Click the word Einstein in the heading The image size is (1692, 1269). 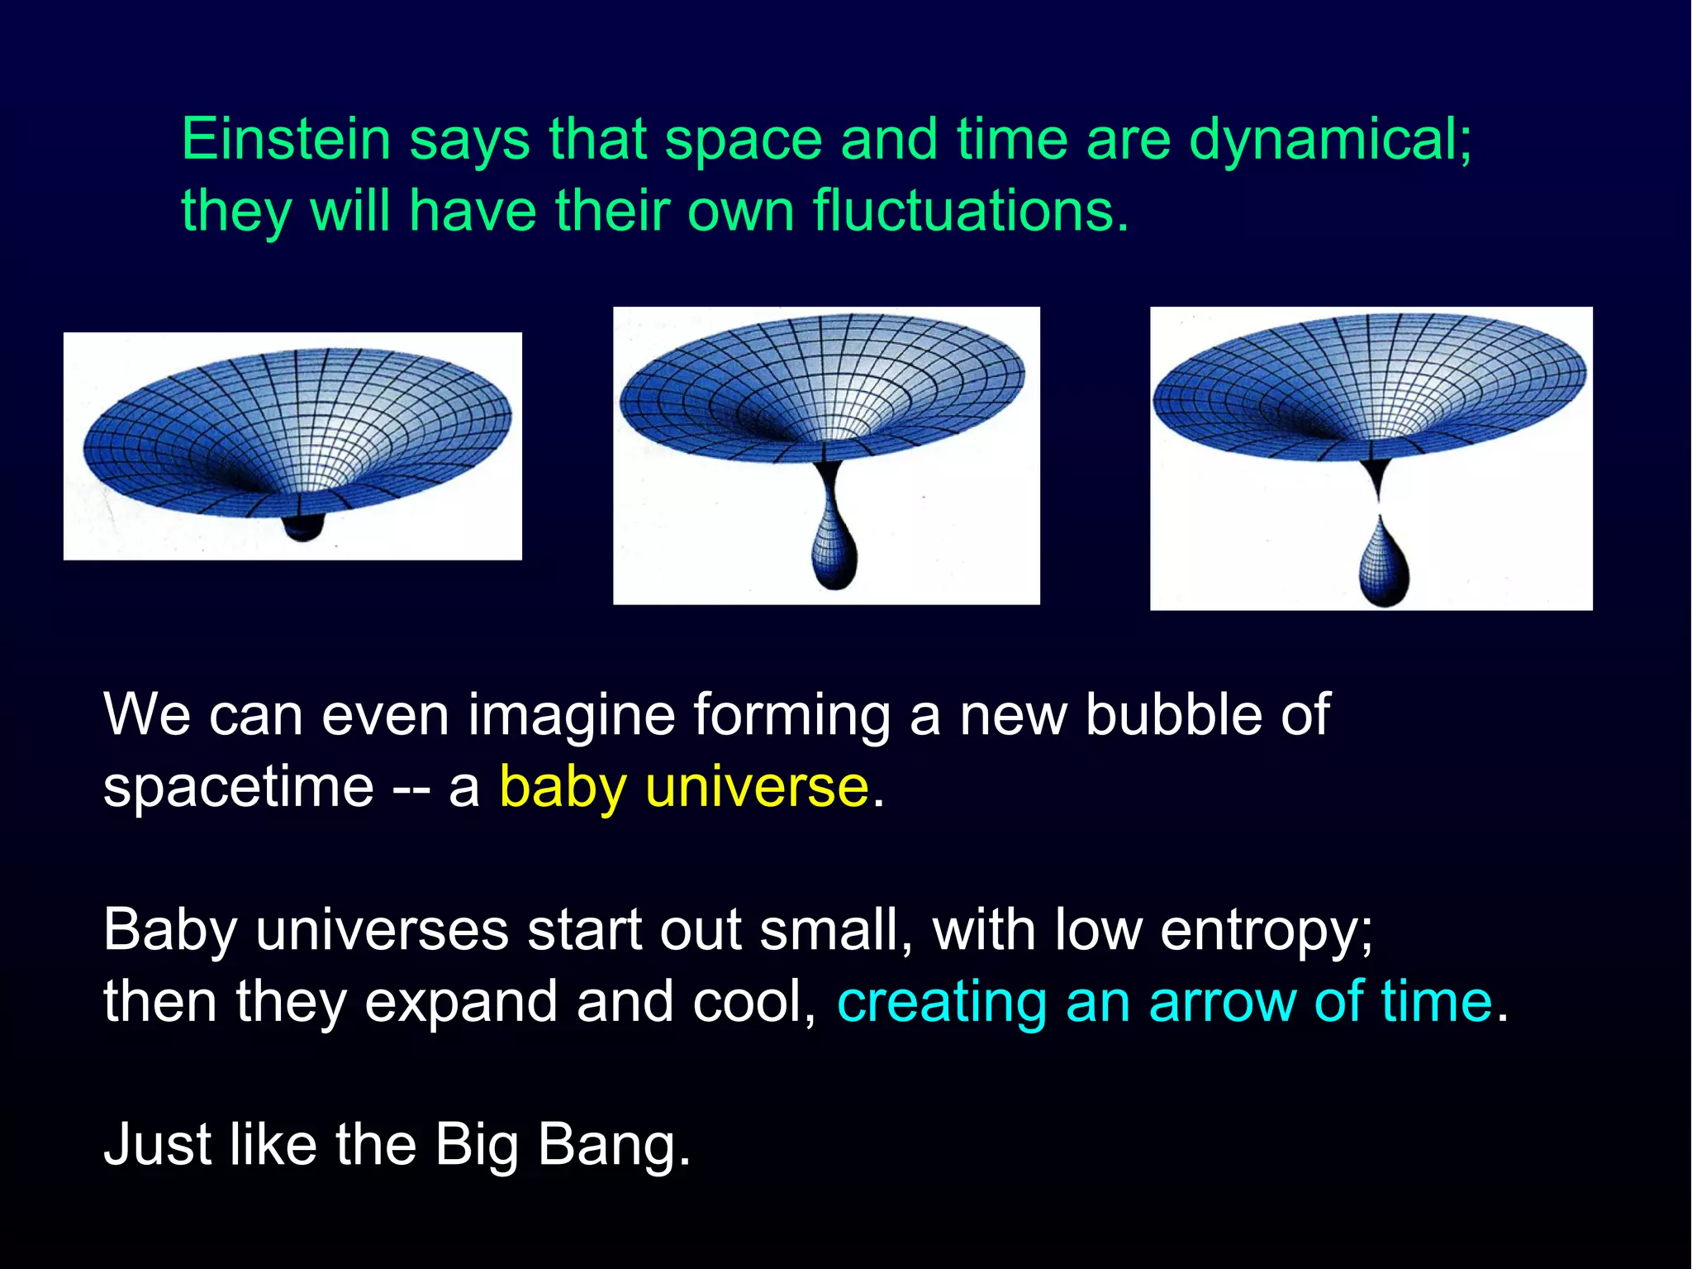(285, 139)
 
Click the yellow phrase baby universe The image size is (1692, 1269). (684, 786)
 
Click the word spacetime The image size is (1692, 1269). (239, 786)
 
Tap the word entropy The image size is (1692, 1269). (1266, 930)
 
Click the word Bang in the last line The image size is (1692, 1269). (613, 1145)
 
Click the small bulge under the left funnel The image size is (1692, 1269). (302, 526)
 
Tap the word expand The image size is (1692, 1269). (461, 1003)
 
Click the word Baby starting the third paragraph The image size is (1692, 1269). (170, 930)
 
